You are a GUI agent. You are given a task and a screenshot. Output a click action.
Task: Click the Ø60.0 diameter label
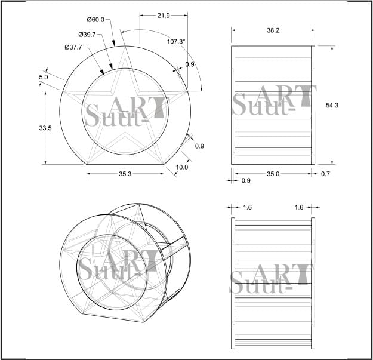[95, 20]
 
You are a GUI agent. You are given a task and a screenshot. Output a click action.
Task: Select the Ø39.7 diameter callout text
[87, 35]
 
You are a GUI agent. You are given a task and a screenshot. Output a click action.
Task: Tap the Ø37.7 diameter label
[73, 47]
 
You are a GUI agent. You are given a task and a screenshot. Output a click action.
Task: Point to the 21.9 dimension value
[164, 16]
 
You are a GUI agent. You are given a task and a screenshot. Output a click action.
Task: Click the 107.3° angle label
[176, 42]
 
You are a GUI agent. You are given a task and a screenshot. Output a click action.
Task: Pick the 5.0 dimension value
[44, 77]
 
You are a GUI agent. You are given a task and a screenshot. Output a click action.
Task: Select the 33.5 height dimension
[45, 128]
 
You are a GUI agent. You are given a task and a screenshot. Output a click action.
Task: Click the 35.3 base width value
[125, 174]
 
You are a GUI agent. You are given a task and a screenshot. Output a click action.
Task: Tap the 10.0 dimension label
[182, 167]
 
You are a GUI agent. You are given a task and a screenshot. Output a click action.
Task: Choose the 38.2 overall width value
[273, 30]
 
